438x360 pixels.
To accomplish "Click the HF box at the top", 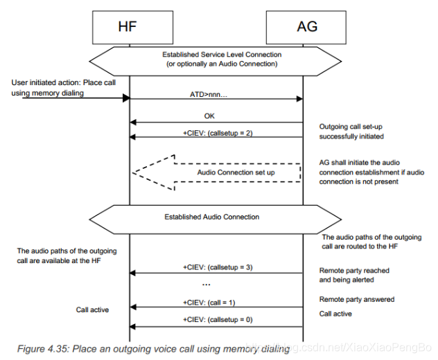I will (129, 27).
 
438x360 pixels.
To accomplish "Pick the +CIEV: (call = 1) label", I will (216, 302).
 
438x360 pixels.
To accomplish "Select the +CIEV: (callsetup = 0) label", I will (216, 319).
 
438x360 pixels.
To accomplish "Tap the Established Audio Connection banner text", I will (212, 217).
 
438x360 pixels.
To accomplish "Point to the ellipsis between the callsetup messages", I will (206, 283).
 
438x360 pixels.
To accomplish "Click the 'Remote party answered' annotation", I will (356, 299).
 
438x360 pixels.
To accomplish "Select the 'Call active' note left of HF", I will (92, 309).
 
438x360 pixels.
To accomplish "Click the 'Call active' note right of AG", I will (335, 314).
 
